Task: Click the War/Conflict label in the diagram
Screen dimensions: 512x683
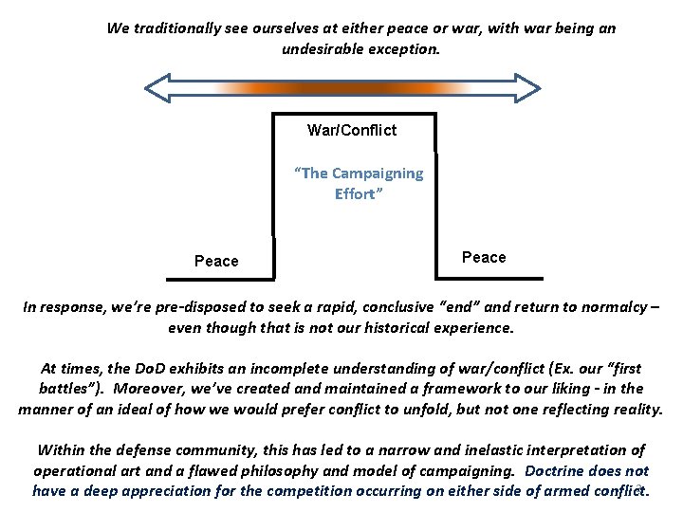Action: click(352, 130)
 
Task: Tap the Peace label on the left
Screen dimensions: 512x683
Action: click(216, 261)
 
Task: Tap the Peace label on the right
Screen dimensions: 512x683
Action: click(484, 257)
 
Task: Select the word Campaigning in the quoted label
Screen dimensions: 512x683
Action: click(378, 174)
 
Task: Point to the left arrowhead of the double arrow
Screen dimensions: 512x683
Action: click(156, 88)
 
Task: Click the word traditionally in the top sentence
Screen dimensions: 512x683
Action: click(178, 28)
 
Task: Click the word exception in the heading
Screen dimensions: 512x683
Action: click(409, 48)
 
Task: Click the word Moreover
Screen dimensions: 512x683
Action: click(153, 389)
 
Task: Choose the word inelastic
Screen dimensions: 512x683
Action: click(459, 450)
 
